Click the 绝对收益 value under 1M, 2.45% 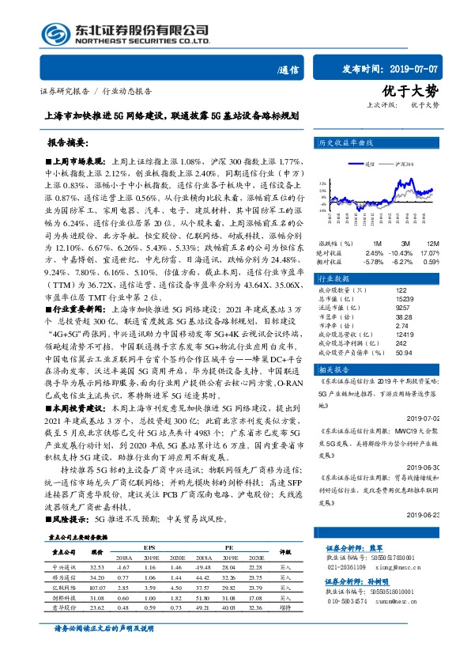point(374,252)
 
